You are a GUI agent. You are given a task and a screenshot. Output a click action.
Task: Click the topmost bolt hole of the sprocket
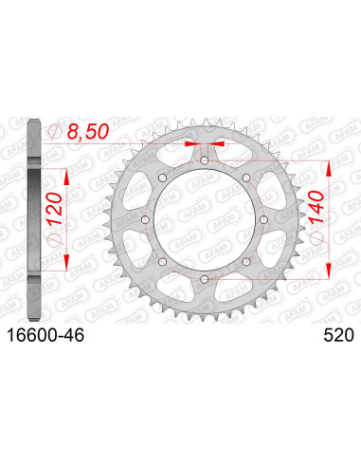click(x=204, y=162)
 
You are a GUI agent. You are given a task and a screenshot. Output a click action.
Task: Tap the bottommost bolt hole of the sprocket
click(x=204, y=278)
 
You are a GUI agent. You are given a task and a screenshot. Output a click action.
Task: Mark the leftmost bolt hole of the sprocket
click(x=146, y=220)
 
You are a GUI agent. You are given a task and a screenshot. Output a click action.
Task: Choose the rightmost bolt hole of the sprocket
click(x=262, y=220)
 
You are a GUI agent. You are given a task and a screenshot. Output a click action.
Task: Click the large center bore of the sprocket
click(x=204, y=220)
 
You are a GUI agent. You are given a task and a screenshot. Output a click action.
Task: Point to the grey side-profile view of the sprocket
click(x=35, y=220)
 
